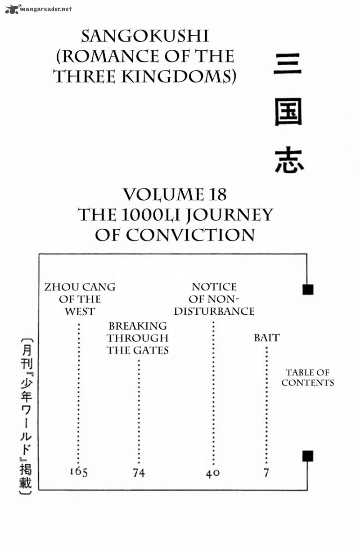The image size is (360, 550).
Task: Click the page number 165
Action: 79,472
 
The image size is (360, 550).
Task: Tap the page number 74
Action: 139,473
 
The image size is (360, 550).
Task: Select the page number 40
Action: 212,473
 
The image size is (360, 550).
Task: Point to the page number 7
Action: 266,473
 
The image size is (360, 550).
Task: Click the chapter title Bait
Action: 266,337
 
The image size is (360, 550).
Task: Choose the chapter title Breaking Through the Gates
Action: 138,338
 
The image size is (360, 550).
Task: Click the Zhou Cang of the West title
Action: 80,299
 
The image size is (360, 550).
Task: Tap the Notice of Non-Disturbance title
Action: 214,299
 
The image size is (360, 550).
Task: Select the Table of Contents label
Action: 308,378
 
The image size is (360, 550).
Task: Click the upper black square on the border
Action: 308,289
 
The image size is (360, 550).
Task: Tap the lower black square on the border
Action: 308,456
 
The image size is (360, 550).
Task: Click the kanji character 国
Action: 288,115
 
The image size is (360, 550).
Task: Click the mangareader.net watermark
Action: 38,8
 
